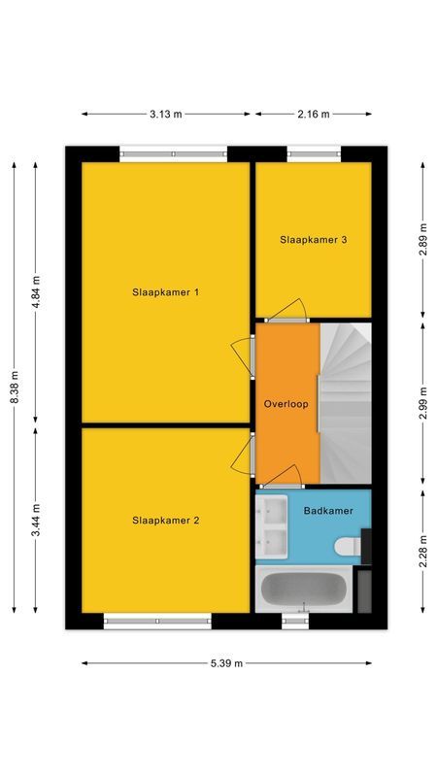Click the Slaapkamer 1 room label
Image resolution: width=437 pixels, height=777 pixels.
coord(165,291)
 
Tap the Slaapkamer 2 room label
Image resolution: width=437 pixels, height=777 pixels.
coord(165,521)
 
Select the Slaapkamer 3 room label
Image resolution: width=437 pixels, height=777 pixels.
coord(314,239)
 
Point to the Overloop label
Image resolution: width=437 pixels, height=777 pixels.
coord(286,403)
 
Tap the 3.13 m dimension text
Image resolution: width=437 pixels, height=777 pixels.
coord(166,114)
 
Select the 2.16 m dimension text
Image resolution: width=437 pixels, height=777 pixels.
coord(313,114)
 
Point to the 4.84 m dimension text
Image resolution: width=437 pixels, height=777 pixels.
coord(36,291)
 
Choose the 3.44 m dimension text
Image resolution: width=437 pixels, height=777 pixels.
coord(36,521)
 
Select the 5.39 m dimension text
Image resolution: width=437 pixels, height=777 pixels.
coord(226,663)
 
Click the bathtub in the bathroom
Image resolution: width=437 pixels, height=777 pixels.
coord(302,590)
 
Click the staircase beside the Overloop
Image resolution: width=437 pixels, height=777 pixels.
coord(346,403)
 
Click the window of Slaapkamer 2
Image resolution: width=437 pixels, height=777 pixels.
coord(157,621)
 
